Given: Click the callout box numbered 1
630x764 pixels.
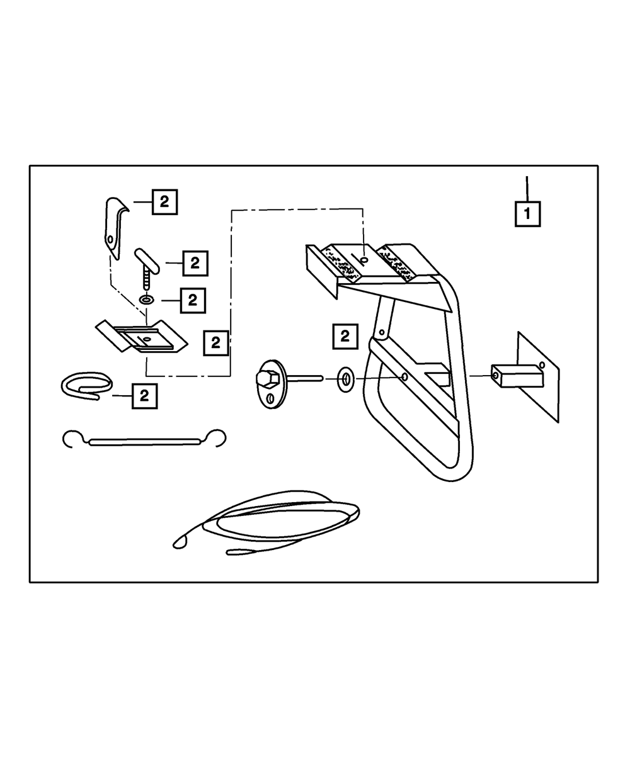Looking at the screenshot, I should [527, 213].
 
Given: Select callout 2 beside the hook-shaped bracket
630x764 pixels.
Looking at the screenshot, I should [164, 202].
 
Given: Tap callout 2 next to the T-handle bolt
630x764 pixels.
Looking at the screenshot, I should [195, 263].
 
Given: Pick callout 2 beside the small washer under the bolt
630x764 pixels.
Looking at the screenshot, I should [193, 300].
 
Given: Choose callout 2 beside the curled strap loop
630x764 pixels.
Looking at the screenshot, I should [144, 396].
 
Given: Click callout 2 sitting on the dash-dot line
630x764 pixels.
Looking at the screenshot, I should [215, 343].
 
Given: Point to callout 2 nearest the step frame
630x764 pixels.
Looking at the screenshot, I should [345, 336].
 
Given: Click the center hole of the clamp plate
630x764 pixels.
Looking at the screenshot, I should [146, 339].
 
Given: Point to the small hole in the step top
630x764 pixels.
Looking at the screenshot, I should [364, 259].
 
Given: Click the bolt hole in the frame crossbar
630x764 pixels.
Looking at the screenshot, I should [404, 378].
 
